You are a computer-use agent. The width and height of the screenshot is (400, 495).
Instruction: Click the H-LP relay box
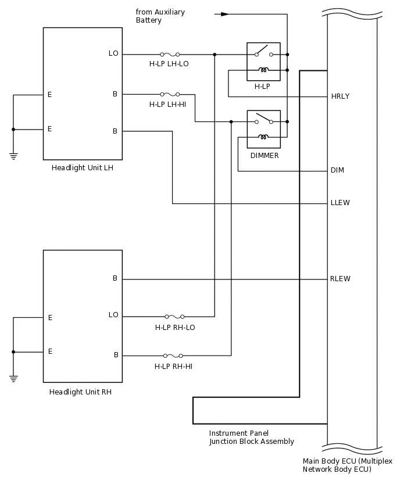263,62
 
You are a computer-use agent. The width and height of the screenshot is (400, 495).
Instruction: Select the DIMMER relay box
263,129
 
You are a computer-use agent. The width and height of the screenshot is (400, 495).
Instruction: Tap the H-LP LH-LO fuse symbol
170,55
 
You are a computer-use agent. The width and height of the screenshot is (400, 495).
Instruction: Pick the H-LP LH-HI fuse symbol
170,94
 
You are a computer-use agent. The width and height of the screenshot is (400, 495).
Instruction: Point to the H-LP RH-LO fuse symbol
174,317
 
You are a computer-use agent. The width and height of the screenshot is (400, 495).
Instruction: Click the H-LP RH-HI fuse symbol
173,356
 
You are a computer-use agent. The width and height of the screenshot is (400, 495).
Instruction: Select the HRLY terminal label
340,96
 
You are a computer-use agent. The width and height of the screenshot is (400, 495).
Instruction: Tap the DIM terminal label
337,170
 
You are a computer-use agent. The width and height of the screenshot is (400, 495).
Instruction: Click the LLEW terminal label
340,203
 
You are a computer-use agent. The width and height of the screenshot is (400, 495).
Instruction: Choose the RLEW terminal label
340,279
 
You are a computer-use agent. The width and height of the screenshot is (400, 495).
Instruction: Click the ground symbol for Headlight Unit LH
13,156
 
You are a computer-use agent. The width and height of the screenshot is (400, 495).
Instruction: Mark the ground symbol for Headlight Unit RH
13,378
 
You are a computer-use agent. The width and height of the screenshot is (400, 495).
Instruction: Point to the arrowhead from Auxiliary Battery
224,14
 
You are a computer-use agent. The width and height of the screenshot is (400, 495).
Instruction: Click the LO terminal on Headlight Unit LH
113,53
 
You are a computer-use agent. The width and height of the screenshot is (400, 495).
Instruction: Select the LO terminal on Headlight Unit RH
113,315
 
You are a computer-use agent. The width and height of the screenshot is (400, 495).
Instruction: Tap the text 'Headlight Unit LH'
82,168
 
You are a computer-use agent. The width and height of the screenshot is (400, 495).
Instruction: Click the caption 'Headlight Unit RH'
80,392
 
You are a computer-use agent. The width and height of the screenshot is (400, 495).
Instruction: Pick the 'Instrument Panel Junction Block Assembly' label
251,437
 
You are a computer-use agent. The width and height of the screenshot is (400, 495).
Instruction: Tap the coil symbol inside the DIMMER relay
263,138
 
